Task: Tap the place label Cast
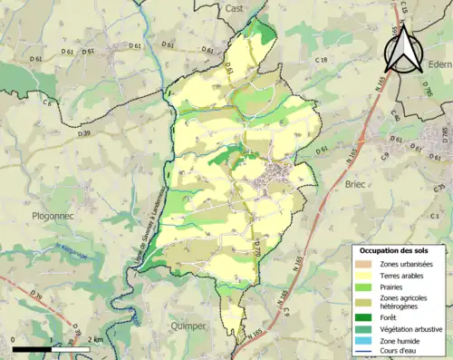pos(235,7)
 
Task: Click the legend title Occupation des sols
pos(397,249)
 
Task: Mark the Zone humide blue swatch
pos(365,340)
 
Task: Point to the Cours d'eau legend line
pos(365,352)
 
